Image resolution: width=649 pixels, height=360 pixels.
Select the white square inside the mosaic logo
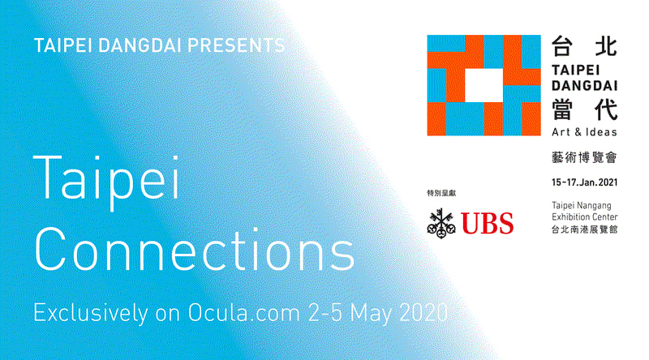point(484,84)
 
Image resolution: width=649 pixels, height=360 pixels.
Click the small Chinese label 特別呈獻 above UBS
point(442,193)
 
